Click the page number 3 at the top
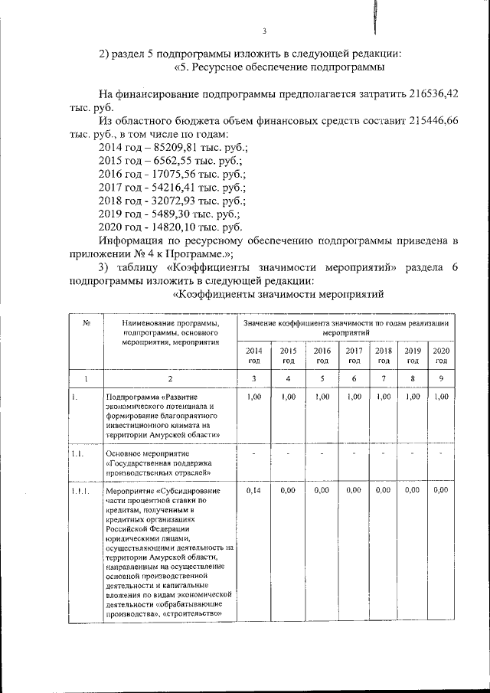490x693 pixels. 263,31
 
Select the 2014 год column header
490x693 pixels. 253,355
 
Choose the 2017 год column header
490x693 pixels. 354,355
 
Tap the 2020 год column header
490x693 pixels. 440,355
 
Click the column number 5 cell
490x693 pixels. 322,378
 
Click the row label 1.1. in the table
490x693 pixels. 74,454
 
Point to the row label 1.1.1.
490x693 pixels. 77,490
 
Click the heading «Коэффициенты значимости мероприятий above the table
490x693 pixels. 278,295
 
